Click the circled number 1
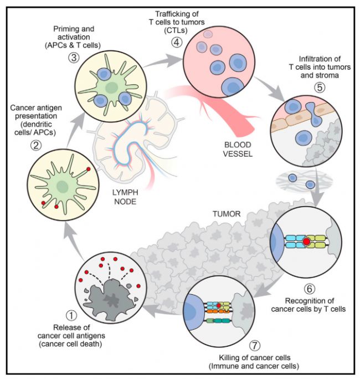click(x=71, y=315)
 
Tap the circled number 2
click(x=36, y=145)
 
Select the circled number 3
click(x=74, y=58)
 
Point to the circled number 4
click(x=177, y=43)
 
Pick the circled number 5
click(x=320, y=88)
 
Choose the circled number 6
click(x=310, y=289)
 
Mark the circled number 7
click(x=255, y=345)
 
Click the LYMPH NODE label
click(x=125, y=197)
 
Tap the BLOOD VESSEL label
click(x=238, y=150)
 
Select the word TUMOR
click(x=227, y=214)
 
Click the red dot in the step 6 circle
click(x=307, y=242)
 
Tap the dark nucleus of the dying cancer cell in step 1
click(x=111, y=300)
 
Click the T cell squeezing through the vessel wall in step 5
click(x=314, y=114)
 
